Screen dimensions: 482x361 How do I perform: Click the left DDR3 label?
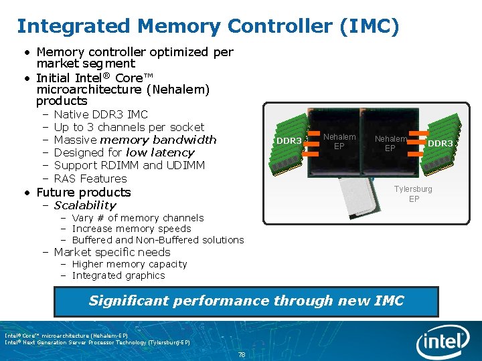click(289, 141)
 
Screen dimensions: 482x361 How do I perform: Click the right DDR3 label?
click(440, 144)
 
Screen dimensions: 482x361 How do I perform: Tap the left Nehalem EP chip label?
click(339, 141)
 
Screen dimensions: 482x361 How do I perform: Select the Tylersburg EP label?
click(413, 194)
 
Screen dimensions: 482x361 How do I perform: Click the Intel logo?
click(443, 342)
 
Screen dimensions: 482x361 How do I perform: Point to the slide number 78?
click(241, 354)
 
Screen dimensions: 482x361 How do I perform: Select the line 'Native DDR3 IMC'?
click(100, 114)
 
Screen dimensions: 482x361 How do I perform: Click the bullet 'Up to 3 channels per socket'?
click(129, 127)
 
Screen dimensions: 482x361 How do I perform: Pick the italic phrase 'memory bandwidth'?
click(158, 140)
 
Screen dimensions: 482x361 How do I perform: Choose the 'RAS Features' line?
click(90, 178)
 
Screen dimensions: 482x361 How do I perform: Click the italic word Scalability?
click(85, 205)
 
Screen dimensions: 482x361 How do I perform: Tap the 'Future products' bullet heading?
click(84, 193)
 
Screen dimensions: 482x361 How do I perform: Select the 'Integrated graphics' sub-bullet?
click(118, 275)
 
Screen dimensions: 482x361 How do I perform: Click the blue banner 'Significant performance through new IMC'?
click(246, 301)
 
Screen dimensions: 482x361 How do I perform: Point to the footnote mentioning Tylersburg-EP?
click(97, 342)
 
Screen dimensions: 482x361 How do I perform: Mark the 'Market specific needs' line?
click(112, 252)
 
